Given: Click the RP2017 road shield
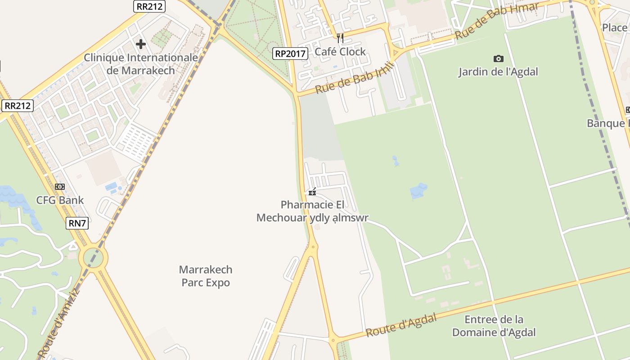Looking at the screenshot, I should (290, 54).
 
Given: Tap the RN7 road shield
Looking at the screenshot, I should (77, 223).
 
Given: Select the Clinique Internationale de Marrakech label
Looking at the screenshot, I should (141, 64).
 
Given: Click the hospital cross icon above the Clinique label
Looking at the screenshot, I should (141, 44).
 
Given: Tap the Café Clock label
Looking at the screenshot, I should (340, 52).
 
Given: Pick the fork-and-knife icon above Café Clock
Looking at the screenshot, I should (340, 38).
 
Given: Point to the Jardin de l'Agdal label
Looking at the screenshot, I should (498, 72).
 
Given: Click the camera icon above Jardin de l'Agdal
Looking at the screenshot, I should (498, 58).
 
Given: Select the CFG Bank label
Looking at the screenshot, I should (60, 200).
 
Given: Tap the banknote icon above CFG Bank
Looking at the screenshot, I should (60, 187).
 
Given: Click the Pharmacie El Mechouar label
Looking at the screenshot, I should (312, 211).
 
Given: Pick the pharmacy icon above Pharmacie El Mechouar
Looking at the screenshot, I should (312, 192).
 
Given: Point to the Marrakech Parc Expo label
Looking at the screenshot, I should (206, 276).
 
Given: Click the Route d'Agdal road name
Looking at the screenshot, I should (401, 325).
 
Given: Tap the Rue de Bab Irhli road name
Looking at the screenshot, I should (355, 77).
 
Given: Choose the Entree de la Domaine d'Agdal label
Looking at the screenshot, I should (494, 326).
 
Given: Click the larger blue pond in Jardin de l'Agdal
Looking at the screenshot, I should (418, 191).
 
